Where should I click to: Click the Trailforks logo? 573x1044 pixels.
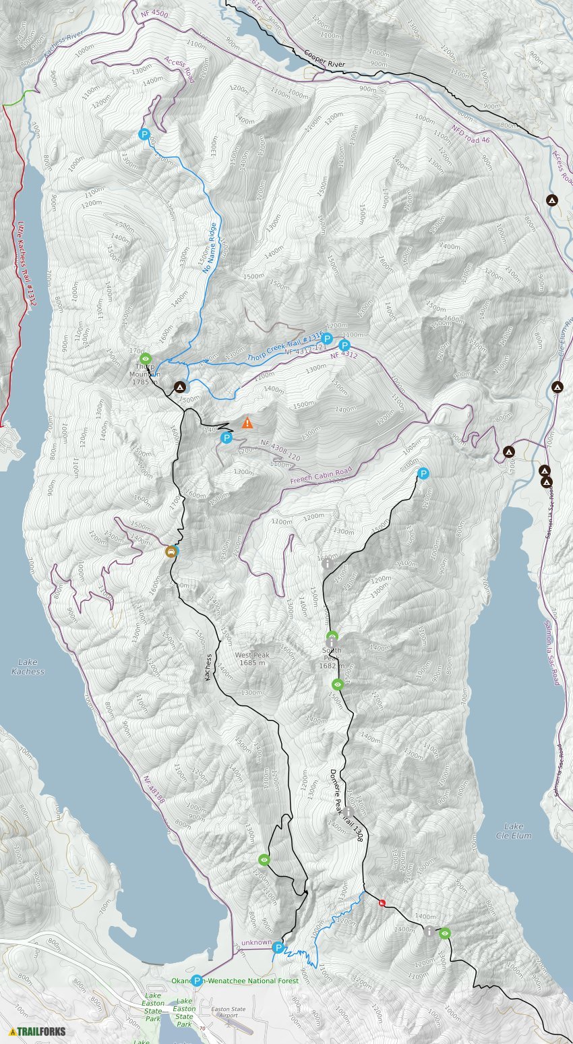[x=38, y=1031]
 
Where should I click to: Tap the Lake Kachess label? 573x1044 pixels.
[x=28, y=667]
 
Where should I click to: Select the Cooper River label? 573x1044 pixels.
[x=324, y=59]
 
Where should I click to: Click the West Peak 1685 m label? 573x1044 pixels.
[x=252, y=659]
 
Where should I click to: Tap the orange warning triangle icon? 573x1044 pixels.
[x=247, y=424]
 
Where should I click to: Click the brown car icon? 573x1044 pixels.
[x=171, y=552]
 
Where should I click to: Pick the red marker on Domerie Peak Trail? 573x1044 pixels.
[x=382, y=903]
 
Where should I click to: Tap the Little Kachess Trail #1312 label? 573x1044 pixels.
[x=26, y=264]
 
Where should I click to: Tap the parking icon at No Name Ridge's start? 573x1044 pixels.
[x=144, y=134]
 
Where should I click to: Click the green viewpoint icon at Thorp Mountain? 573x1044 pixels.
[x=146, y=359]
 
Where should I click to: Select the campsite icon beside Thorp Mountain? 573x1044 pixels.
[x=179, y=387]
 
